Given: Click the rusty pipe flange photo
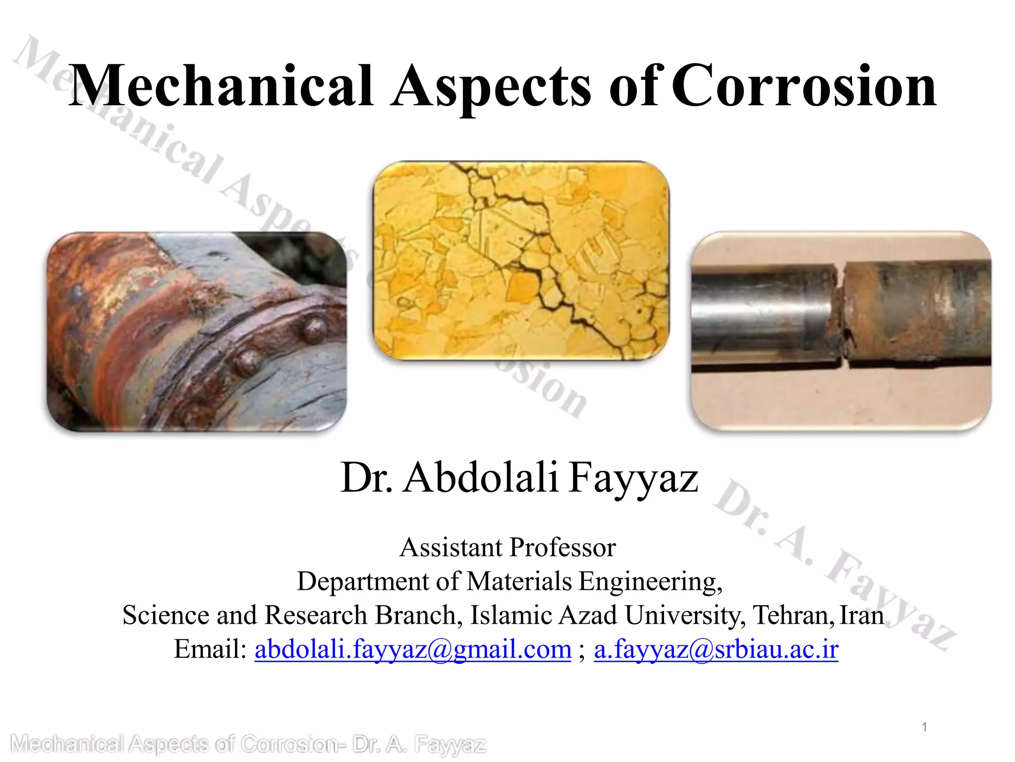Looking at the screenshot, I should (197, 331).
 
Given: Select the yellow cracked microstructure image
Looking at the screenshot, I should (520, 260).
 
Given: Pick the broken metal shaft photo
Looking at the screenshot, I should (841, 331).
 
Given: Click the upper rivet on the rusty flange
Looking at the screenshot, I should (314, 329).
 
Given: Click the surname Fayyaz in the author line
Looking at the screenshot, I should (633, 477).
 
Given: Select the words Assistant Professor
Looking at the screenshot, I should (507, 548).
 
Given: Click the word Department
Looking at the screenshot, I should (363, 581).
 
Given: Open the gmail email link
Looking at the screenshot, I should (413, 649).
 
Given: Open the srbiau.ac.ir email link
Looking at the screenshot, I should (716, 649).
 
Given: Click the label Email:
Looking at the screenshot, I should (210, 649).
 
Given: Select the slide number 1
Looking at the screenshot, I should (924, 727).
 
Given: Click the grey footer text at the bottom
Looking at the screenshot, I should (248, 745).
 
